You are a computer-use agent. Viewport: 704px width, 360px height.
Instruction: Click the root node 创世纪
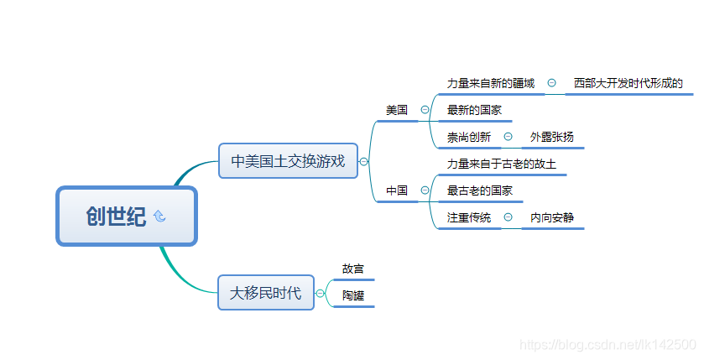coord(116,217)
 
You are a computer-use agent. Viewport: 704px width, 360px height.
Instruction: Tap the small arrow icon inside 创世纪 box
coord(159,217)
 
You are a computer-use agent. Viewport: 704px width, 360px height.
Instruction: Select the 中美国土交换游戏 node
coord(288,161)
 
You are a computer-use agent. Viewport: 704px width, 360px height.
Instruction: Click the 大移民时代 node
coord(265,293)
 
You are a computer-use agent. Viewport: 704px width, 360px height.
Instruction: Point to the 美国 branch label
coord(397,110)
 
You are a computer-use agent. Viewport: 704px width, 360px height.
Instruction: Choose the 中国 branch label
coord(397,191)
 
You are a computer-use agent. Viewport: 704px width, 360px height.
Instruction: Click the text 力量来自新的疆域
coord(491,83)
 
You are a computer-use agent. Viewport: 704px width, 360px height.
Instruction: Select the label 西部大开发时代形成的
coord(628,83)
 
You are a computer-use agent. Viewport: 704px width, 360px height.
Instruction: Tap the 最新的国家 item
coord(474,110)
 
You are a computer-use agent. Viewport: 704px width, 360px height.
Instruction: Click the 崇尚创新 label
coord(469,137)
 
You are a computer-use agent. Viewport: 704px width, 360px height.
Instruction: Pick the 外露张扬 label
coord(552,137)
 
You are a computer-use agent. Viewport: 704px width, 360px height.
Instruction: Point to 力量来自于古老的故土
coord(502,164)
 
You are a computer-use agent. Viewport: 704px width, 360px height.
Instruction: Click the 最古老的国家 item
coord(480,191)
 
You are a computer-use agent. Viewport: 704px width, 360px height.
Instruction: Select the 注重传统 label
coord(469,218)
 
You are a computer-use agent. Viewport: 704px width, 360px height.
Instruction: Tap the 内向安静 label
coord(552,218)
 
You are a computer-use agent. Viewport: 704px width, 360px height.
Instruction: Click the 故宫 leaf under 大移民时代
coord(353,269)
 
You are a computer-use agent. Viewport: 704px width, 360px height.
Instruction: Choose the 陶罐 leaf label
coord(353,295)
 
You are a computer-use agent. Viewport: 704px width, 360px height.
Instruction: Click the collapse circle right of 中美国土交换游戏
coord(363,161)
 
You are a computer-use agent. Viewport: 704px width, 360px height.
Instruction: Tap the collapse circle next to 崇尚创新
coord(508,136)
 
